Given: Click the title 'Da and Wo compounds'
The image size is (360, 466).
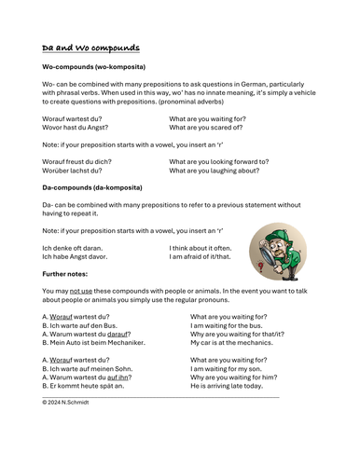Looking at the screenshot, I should (x=91, y=48).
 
